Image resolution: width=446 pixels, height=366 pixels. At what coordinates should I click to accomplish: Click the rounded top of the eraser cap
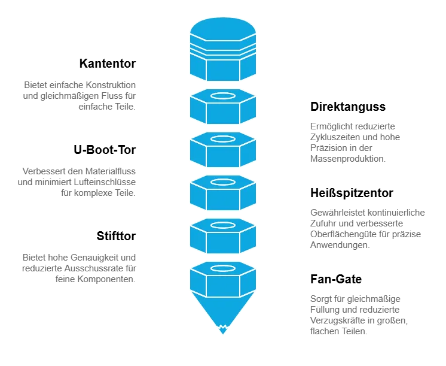tap(223, 28)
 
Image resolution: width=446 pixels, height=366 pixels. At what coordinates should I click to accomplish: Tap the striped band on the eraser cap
tap(223, 51)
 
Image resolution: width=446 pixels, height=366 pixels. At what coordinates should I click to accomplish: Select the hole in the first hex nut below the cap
tap(223, 96)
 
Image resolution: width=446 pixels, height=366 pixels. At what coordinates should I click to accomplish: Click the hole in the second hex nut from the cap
tap(223, 139)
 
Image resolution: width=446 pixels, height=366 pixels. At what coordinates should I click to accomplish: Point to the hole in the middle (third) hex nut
tap(223, 182)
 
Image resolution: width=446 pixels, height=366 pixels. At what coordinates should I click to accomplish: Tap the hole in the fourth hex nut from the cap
tap(223, 225)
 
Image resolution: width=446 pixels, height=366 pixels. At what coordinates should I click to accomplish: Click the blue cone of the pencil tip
tap(223, 308)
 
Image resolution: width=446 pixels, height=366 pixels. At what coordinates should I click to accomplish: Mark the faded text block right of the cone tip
tap(358, 313)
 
